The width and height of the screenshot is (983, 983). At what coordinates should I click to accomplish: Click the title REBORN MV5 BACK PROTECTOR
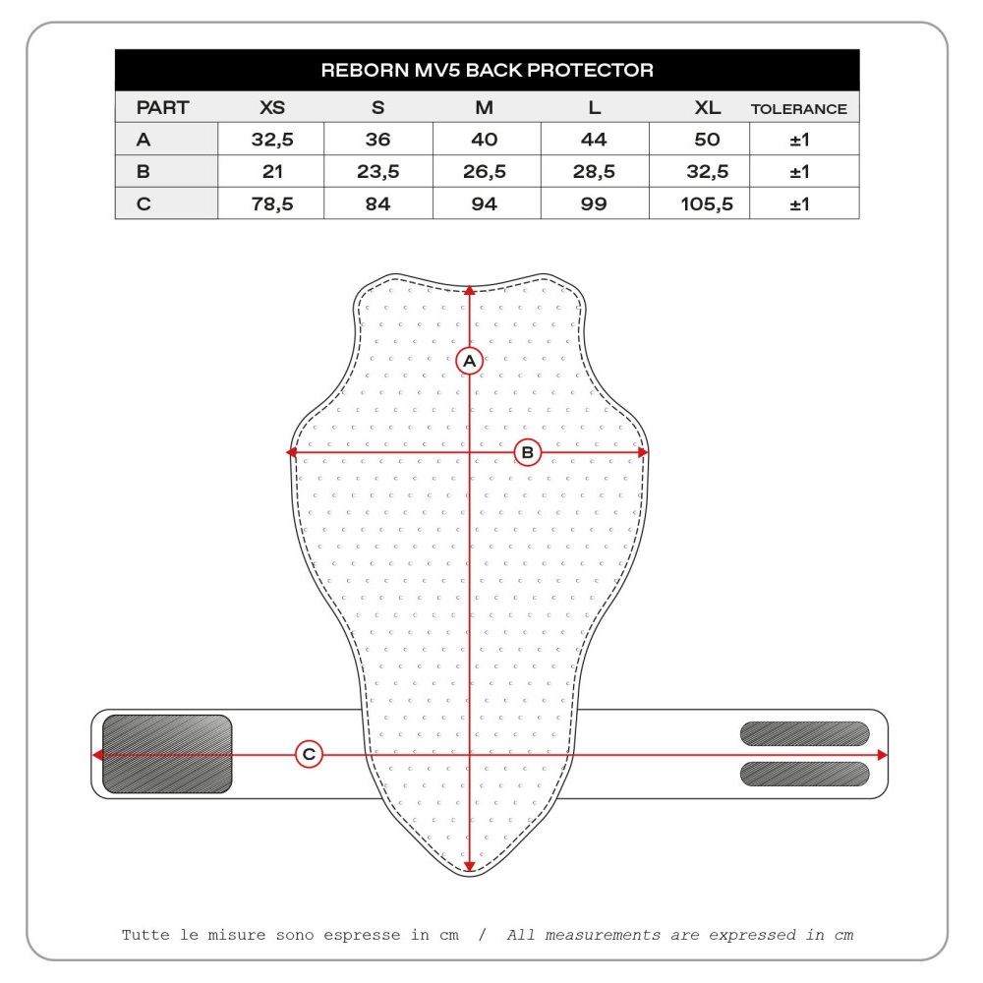point(488,70)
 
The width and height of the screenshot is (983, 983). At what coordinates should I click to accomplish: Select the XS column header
point(272,107)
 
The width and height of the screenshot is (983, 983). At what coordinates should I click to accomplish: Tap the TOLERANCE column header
point(798,109)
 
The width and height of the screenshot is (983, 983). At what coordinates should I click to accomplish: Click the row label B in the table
point(143,171)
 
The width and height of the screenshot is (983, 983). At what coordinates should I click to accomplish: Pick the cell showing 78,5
point(272,203)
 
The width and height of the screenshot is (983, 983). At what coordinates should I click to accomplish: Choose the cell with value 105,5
point(707,203)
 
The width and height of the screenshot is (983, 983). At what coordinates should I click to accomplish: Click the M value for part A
point(484,140)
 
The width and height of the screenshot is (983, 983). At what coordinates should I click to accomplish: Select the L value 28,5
point(594,171)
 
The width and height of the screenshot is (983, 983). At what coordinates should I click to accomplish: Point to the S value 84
point(378,203)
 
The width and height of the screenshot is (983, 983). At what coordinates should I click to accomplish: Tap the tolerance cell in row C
point(799,203)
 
